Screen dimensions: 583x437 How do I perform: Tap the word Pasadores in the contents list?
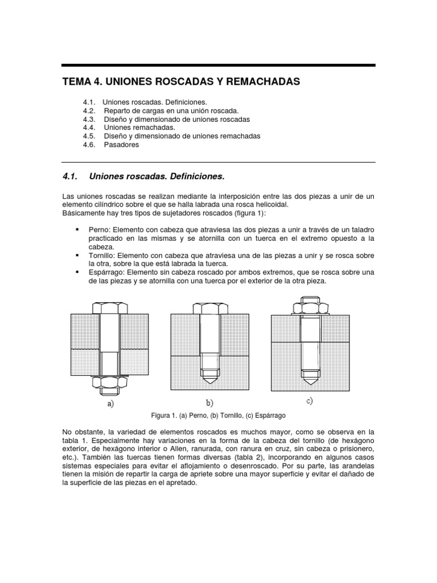click(121, 145)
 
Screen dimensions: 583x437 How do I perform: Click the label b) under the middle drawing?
click(209, 403)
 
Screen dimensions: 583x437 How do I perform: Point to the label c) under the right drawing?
click(309, 401)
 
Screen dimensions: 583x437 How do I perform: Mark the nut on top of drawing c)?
click(310, 306)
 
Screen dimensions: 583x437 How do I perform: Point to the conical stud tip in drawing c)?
click(310, 376)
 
